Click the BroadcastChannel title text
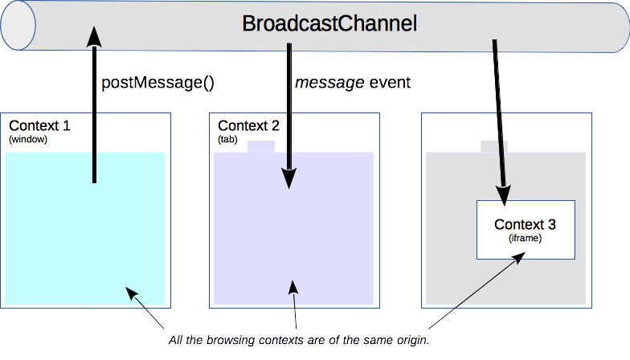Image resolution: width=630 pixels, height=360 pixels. tap(329, 24)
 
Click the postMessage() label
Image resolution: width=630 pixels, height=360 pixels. tap(157, 83)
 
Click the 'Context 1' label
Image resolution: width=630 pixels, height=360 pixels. tap(39, 126)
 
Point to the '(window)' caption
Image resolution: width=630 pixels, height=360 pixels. tap(28, 140)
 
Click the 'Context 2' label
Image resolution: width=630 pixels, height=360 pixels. tap(248, 126)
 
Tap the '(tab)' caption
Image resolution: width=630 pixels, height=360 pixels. tap(228, 140)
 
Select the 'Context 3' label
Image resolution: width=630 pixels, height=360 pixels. tap(525, 224)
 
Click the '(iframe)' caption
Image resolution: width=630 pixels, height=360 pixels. tap(526, 238)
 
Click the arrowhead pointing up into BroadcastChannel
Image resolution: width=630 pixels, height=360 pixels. tap(94, 36)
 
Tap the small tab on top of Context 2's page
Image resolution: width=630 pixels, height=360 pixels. tap(260, 146)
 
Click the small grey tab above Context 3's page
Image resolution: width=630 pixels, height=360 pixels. tap(493, 146)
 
